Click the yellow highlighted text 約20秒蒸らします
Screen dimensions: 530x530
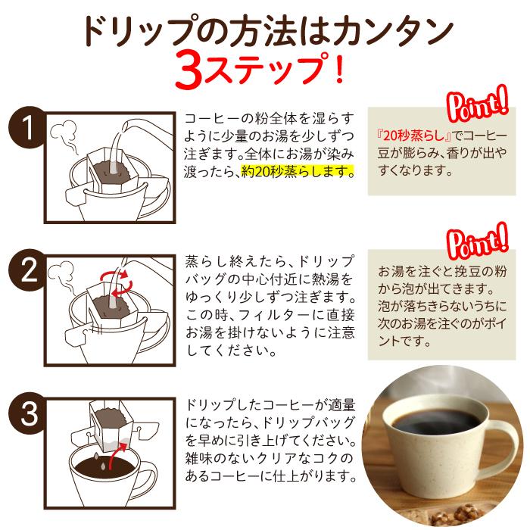click(297, 171)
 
